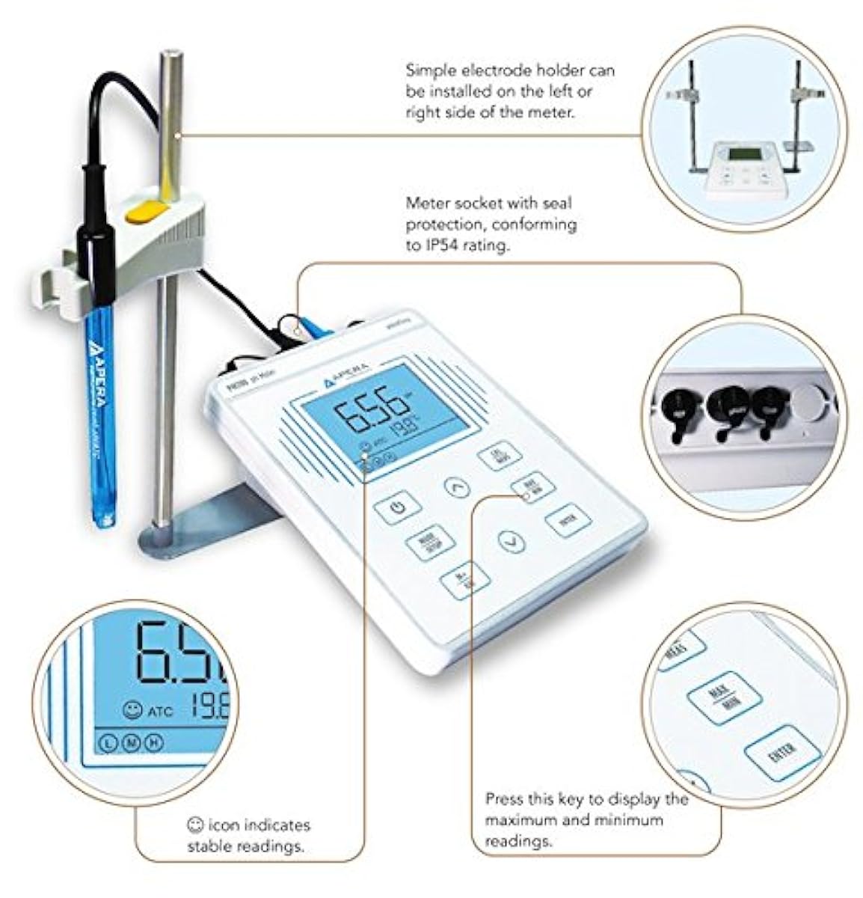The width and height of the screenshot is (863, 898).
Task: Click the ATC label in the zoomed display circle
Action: (x=161, y=711)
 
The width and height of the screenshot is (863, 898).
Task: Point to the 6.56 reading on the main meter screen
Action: (x=371, y=415)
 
